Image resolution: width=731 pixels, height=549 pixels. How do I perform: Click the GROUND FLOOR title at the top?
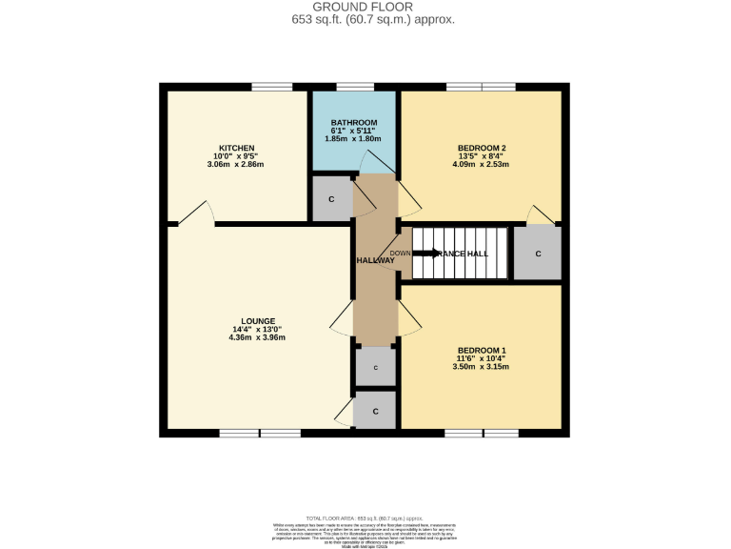[x=365, y=7]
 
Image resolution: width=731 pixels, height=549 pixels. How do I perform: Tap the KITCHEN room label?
[x=235, y=148]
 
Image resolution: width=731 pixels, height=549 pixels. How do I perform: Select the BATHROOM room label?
[x=354, y=123]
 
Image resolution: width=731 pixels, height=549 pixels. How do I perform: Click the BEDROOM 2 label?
[x=481, y=148]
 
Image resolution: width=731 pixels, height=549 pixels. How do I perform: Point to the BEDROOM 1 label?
[x=481, y=348]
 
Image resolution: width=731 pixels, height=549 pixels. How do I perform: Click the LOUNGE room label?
[x=258, y=320]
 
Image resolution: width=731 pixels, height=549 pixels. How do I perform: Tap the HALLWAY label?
[x=375, y=260]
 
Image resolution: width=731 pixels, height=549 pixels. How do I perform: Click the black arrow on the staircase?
[x=425, y=254]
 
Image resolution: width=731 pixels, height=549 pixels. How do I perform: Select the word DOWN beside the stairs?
[x=401, y=254]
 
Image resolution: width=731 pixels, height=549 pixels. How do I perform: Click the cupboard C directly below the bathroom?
[x=331, y=199]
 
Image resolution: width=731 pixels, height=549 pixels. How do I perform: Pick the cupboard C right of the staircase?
[x=538, y=254]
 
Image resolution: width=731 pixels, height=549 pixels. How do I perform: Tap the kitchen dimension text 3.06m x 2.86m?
[x=235, y=164]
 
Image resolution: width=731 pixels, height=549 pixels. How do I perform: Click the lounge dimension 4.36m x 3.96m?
[x=258, y=337]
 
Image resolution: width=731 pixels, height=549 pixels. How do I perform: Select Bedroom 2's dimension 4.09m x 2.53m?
[x=481, y=164]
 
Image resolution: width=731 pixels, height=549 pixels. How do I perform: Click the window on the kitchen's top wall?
[x=271, y=88]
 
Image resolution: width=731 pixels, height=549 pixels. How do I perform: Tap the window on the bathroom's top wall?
[x=354, y=88]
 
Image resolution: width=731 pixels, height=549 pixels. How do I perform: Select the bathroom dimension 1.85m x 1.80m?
[x=354, y=139]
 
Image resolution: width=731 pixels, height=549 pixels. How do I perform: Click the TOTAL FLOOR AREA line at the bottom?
[x=365, y=514]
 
